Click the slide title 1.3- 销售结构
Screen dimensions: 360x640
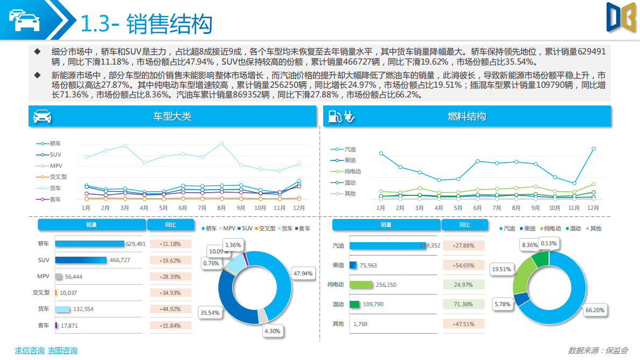146,24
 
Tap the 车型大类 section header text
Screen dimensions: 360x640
172,116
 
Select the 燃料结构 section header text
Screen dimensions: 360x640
467,116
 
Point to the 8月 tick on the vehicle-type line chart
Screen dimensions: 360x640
222,208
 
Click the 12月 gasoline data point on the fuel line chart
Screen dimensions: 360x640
593,149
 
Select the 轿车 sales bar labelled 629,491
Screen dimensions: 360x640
89,244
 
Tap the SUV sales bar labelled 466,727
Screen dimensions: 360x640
81,260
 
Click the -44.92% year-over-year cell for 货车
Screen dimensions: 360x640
170,309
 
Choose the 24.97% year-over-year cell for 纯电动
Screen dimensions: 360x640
464,285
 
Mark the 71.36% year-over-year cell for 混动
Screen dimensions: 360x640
464,304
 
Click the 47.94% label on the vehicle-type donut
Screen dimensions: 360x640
303,273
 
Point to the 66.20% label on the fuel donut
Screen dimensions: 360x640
595,310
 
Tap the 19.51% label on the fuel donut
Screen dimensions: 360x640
501,269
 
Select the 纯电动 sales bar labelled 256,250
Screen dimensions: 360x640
361,285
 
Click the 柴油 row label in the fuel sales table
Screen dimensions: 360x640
338,265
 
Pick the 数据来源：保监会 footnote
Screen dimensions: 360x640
598,350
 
